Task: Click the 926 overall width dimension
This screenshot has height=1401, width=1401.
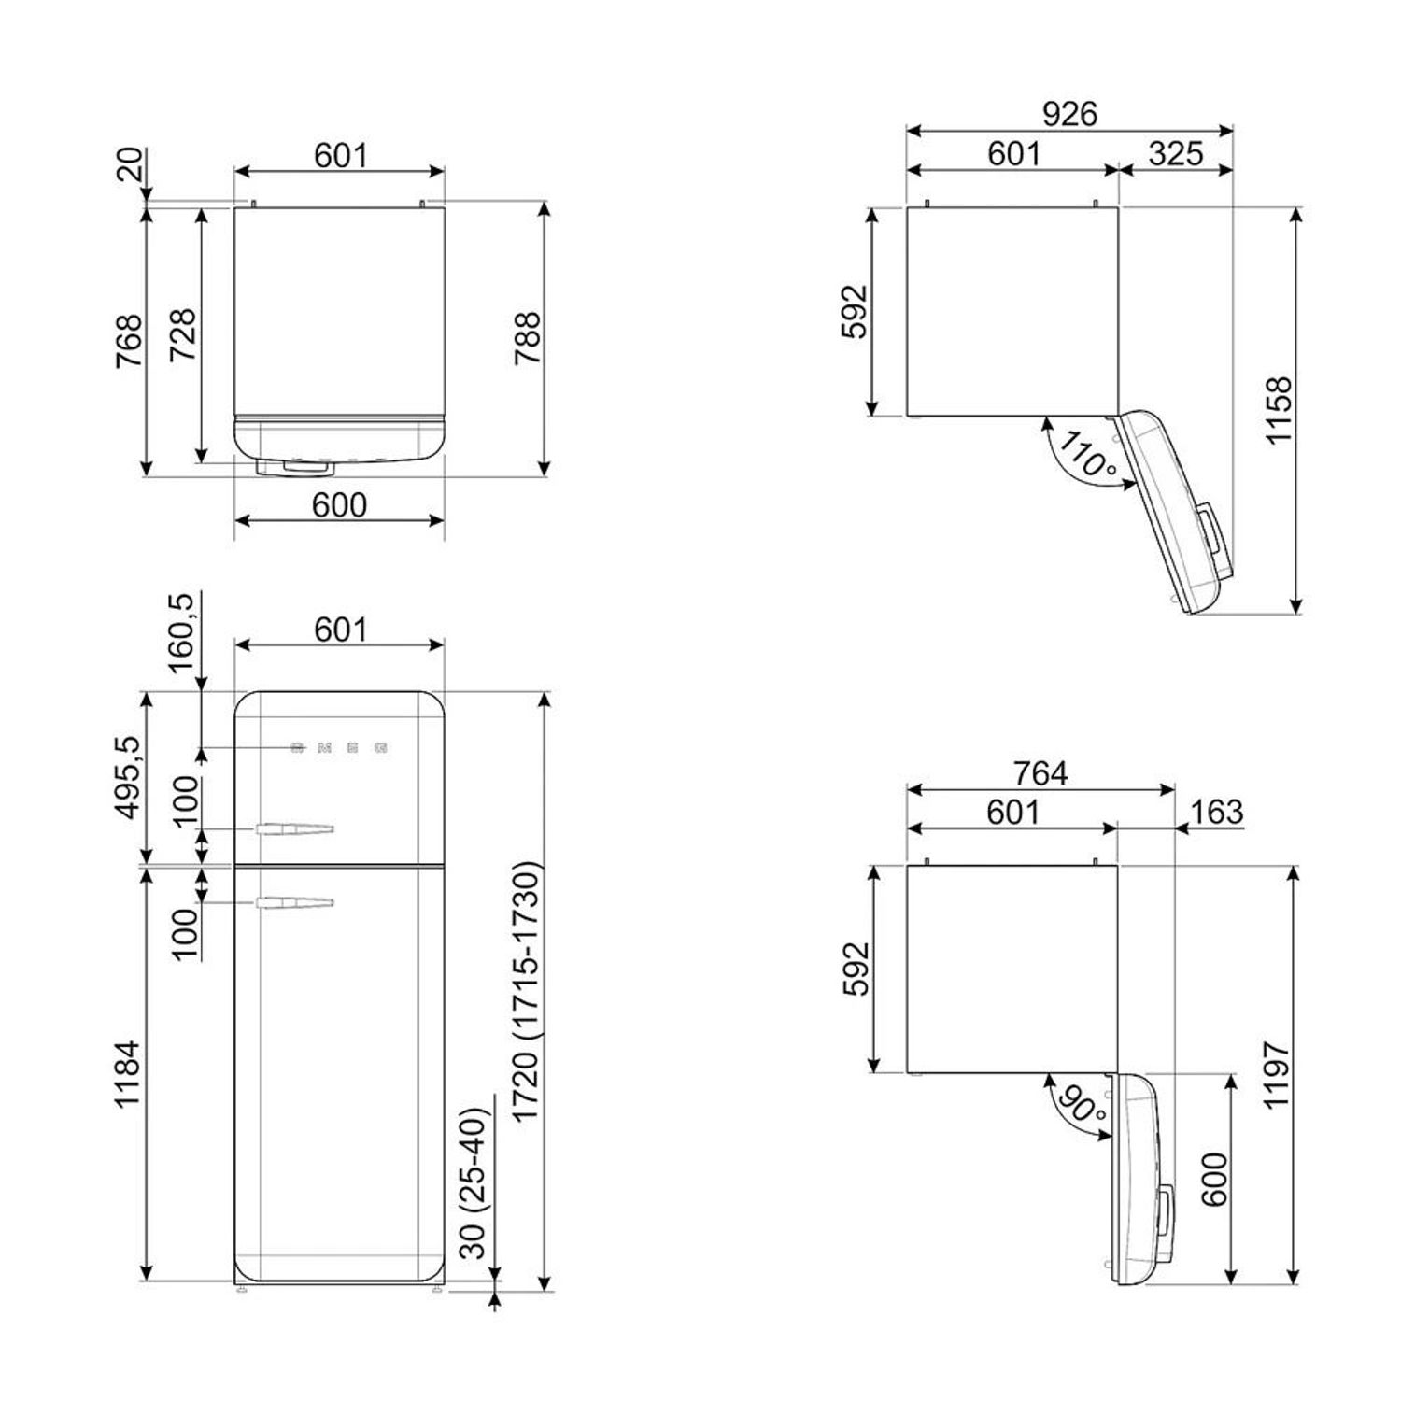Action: [1069, 114]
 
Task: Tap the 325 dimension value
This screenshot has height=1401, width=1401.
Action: [1176, 153]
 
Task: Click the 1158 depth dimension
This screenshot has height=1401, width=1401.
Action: [1279, 411]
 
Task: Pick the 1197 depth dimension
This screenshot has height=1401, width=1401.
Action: [1277, 1074]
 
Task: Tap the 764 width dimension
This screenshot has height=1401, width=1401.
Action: [1040, 773]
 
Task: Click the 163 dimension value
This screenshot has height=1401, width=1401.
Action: [1217, 812]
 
